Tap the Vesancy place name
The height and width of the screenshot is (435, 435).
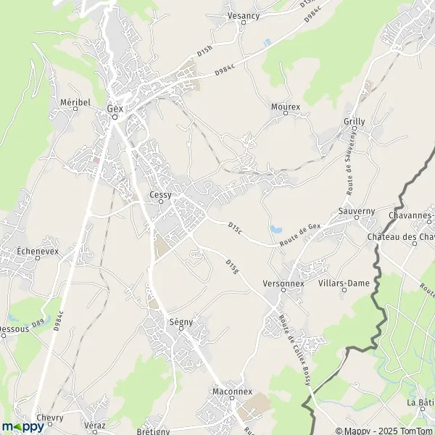[x=243, y=14]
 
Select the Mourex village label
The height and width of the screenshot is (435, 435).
[x=285, y=107]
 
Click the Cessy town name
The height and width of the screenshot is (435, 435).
[x=160, y=194]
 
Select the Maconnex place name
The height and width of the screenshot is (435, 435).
[x=231, y=391]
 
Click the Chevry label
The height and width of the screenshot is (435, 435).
[x=49, y=418]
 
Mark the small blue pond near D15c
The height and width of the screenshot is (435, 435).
[x=276, y=229]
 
